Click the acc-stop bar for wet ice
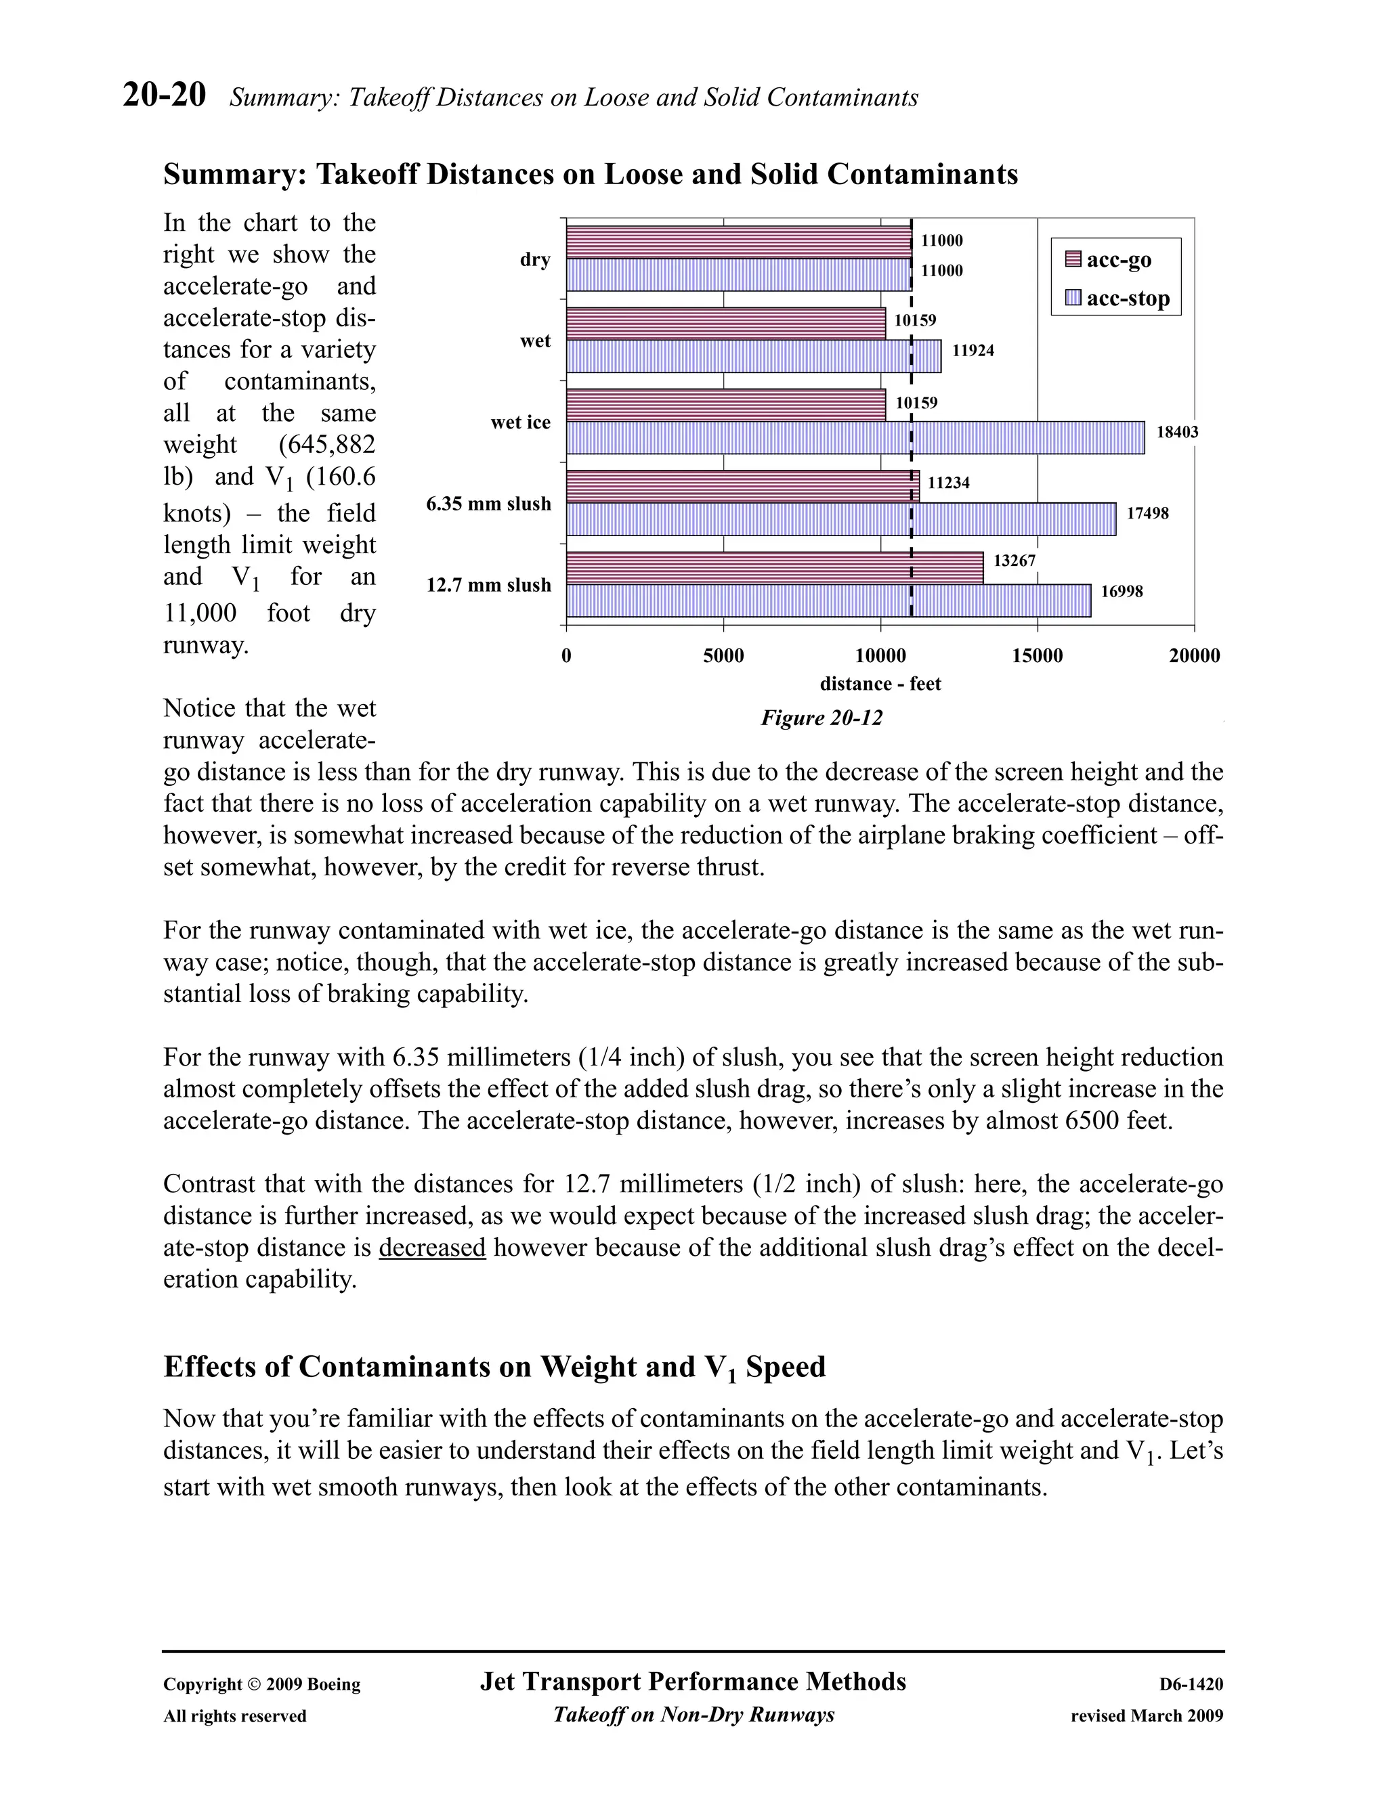tap(855, 438)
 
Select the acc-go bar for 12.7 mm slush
tap(774, 567)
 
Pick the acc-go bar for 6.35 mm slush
tap(742, 486)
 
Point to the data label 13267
tap(1014, 561)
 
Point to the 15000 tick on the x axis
tap(1037, 656)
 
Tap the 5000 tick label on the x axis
tap(723, 656)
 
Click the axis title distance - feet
tap(880, 684)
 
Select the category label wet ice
tap(520, 423)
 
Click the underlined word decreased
tap(432, 1248)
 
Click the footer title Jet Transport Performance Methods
tap(693, 1682)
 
